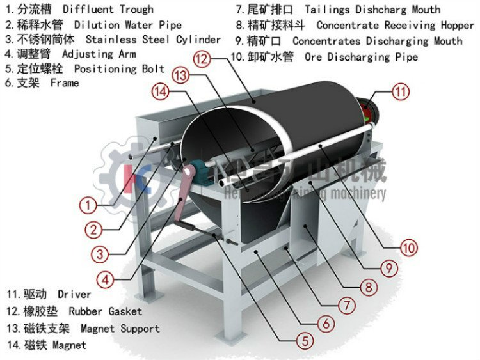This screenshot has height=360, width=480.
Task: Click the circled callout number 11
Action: coord(400,91)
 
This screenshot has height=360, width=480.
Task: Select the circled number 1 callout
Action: coord(88,205)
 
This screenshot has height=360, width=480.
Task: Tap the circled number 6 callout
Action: coord(325,324)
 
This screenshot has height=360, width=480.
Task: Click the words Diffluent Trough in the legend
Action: coord(108,10)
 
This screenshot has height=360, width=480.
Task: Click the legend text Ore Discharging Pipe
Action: coord(361,57)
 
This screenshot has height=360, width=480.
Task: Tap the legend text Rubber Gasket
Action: coord(105,311)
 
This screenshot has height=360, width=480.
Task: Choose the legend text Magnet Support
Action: coord(120,328)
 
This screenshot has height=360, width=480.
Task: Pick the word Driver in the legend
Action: coord(74,295)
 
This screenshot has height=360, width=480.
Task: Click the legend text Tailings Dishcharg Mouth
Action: coord(372,10)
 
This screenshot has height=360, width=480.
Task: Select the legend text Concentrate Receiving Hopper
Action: coord(395,26)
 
